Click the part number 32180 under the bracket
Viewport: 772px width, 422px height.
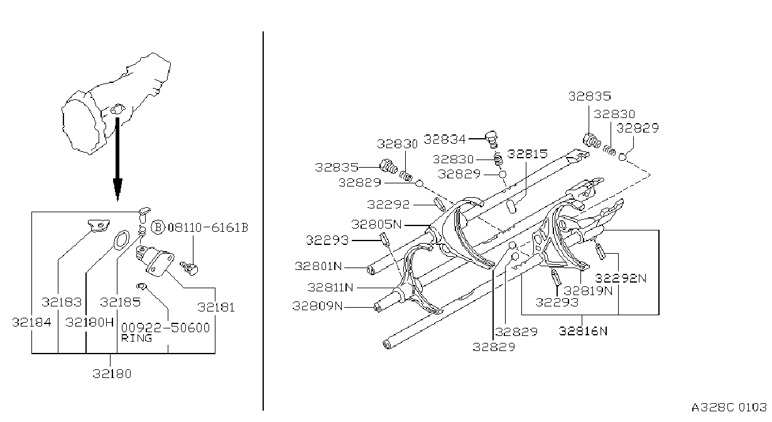click(x=112, y=374)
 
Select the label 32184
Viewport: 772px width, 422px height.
click(x=31, y=322)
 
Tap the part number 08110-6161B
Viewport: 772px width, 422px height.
click(x=208, y=228)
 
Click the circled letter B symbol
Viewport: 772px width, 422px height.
click(x=158, y=228)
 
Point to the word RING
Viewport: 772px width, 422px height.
click(x=136, y=338)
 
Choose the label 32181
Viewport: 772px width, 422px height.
click(x=216, y=307)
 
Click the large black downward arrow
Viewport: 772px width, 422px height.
click(x=117, y=159)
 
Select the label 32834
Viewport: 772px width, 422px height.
click(x=445, y=139)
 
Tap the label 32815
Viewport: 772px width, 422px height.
click(x=528, y=154)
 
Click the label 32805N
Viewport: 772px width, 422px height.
click(x=376, y=225)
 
